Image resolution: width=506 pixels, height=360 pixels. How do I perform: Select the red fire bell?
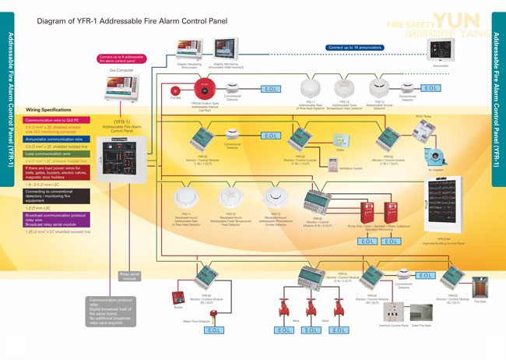(175, 88)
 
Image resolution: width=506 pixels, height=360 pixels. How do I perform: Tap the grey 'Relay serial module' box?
(128, 275)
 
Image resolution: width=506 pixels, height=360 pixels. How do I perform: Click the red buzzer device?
(177, 299)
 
